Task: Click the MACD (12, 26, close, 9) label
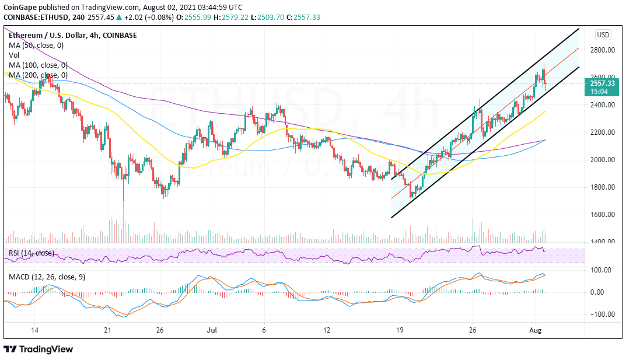tap(46, 277)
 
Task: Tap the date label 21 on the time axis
tap(107, 330)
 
